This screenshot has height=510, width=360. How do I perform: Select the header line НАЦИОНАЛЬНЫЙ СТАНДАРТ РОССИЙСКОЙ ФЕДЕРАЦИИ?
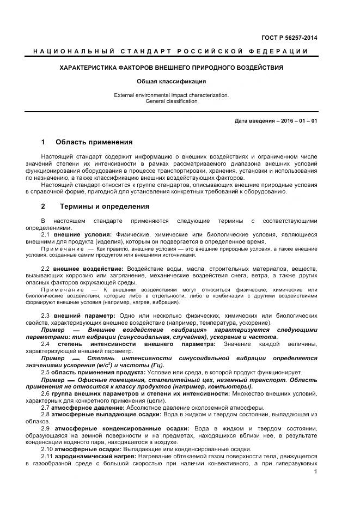[170, 51]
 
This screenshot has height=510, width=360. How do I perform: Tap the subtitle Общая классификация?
[171, 81]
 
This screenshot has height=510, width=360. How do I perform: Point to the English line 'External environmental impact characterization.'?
[171, 95]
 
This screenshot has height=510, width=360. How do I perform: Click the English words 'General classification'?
[171, 101]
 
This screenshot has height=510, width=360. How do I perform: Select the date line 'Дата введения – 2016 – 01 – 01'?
[276, 120]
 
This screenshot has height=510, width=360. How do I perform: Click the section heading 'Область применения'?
[94, 142]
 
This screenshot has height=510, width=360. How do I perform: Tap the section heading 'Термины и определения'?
[104, 207]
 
